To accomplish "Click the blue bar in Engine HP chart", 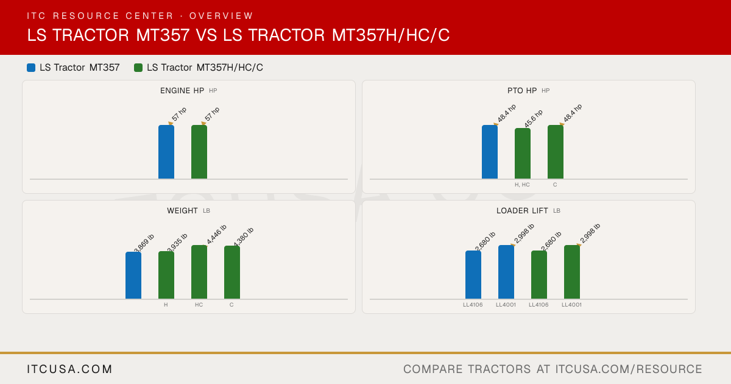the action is click(166, 152).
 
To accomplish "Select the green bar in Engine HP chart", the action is click(199, 152).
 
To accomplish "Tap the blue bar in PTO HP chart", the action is click(490, 152).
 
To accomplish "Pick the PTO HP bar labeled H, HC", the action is click(523, 154).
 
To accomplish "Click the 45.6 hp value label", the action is click(534, 118).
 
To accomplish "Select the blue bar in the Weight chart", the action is click(133, 276).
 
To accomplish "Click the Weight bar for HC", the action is click(199, 272).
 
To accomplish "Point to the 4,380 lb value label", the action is click(244, 236).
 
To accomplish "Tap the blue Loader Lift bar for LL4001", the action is click(506, 272).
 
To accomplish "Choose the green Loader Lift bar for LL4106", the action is click(539, 275).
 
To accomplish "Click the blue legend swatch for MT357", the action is click(31, 68).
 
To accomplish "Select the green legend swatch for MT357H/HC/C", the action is click(138, 68).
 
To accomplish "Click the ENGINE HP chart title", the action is click(182, 90).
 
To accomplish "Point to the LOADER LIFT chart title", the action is click(522, 211).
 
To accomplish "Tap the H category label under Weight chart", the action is click(166, 305).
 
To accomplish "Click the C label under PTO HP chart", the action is click(555, 185).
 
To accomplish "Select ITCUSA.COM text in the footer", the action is click(69, 369).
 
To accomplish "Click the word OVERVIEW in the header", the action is click(221, 16).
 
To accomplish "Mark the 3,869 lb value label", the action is click(144, 243).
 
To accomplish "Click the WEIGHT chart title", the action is click(182, 211).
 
